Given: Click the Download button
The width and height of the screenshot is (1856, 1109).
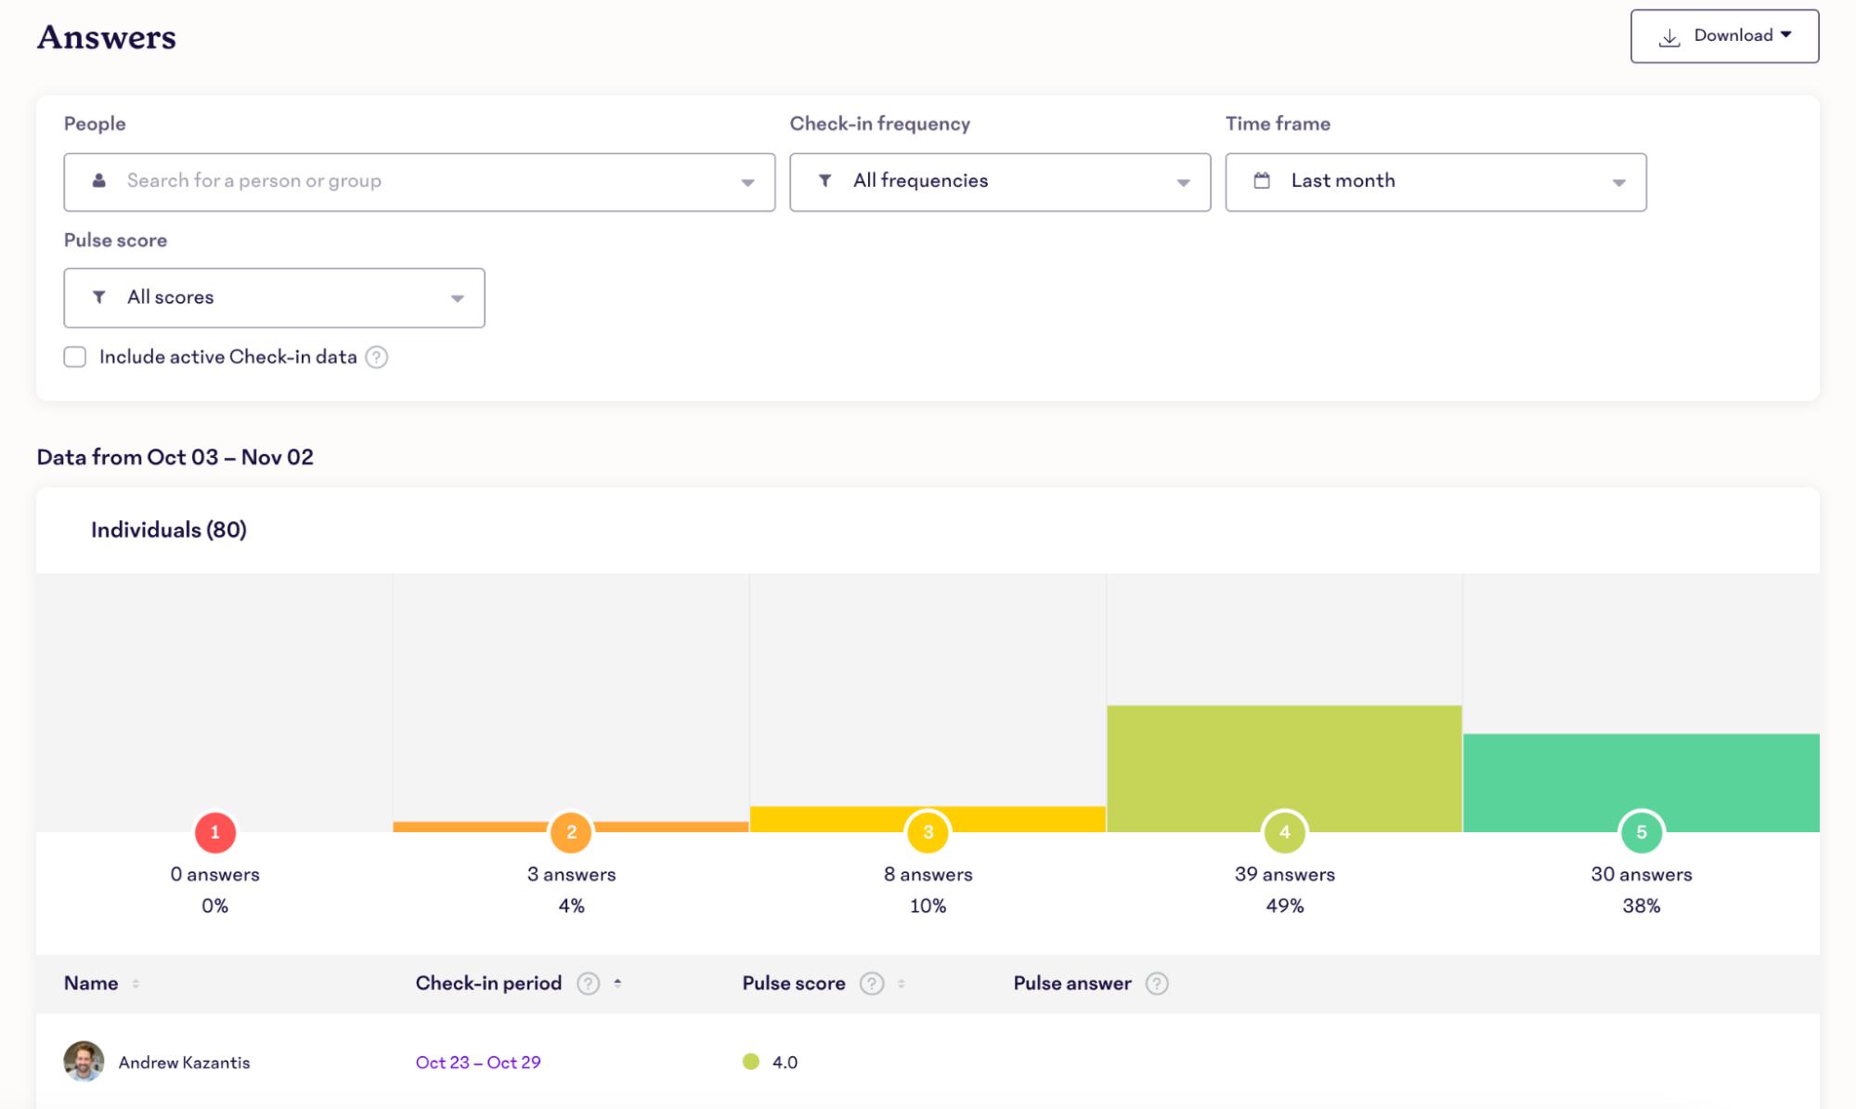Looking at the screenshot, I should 1724,36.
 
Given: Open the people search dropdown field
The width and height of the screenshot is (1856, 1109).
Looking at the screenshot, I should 419,182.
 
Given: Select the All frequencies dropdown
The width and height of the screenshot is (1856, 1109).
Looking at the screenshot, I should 999,182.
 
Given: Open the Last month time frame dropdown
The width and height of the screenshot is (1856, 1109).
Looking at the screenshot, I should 1434,182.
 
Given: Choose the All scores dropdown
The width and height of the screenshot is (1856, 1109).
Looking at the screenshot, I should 274,298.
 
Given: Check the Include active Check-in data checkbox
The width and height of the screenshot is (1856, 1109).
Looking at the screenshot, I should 75,358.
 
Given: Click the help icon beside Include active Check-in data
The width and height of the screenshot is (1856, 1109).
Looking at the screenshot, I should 376,358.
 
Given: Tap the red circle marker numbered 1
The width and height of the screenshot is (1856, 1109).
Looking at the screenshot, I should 214,832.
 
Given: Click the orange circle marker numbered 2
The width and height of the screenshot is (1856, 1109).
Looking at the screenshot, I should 571,832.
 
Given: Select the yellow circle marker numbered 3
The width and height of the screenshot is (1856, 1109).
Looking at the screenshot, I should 928,832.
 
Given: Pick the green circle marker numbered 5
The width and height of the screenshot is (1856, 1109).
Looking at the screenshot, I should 1641,832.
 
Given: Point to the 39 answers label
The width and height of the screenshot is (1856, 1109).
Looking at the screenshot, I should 1284,874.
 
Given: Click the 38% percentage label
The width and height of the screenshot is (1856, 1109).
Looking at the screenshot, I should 1641,906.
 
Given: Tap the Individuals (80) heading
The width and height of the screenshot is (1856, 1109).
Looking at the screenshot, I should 169,530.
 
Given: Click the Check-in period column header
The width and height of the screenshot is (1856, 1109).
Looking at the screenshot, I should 488,984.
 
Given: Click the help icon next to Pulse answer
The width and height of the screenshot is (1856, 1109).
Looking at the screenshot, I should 1156,984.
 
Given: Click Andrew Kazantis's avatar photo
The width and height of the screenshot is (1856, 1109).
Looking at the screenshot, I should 84,1062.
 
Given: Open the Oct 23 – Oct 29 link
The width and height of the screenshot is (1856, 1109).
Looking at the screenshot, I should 477,1063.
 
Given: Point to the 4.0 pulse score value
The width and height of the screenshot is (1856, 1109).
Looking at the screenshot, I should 785,1063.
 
